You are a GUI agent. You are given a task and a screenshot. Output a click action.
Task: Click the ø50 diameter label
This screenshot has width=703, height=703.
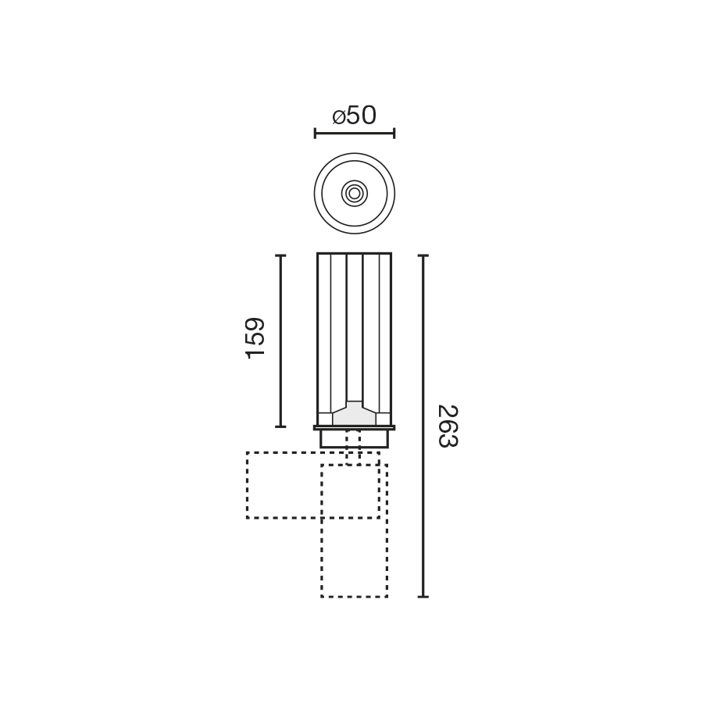pos(354,116)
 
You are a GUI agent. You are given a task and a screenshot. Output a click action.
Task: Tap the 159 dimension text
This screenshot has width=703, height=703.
pos(255,338)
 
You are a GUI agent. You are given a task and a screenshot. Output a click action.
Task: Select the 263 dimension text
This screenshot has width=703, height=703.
pos(448,426)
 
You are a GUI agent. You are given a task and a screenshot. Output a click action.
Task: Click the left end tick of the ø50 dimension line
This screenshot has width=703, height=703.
pos(315,133)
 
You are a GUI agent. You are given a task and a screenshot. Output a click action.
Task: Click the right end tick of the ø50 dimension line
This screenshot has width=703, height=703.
pos(394,133)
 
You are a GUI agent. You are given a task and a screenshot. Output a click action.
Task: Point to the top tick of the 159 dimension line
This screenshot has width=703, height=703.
pos(280,255)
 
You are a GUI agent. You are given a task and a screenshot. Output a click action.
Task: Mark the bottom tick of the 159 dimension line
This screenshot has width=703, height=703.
pos(280,426)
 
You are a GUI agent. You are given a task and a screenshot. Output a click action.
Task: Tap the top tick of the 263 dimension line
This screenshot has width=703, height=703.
pos(423,255)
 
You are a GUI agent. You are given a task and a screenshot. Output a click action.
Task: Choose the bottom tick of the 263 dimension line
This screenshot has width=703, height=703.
pos(423,597)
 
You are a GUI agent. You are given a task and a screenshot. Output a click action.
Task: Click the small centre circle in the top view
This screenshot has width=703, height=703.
pos(354,193)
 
